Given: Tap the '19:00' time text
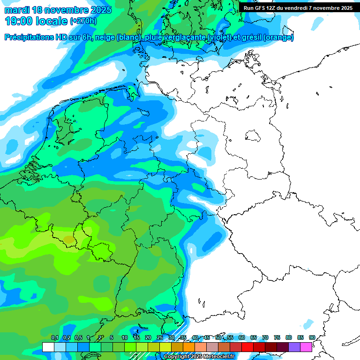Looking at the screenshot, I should pyautogui.click(x=19, y=21).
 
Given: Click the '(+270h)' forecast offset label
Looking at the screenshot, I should pyautogui.click(x=83, y=21).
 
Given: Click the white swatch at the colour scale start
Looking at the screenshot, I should pyautogui.click(x=48, y=347).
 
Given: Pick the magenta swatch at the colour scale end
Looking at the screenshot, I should pyautogui.click(x=306, y=347).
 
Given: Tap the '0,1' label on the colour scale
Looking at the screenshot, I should pyautogui.click(x=54, y=338).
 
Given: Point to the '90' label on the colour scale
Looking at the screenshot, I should pyautogui.click(x=312, y=338).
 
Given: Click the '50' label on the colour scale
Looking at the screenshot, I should pyautogui.click(x=218, y=338).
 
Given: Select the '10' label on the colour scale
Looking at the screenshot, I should pyautogui.click(x=125, y=338).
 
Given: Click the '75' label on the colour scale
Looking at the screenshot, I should pyautogui.click(x=277, y=338).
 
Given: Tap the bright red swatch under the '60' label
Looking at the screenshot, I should pyautogui.click(x=247, y=347).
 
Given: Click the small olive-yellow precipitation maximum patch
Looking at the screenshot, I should pyautogui.click(x=69, y=241).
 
